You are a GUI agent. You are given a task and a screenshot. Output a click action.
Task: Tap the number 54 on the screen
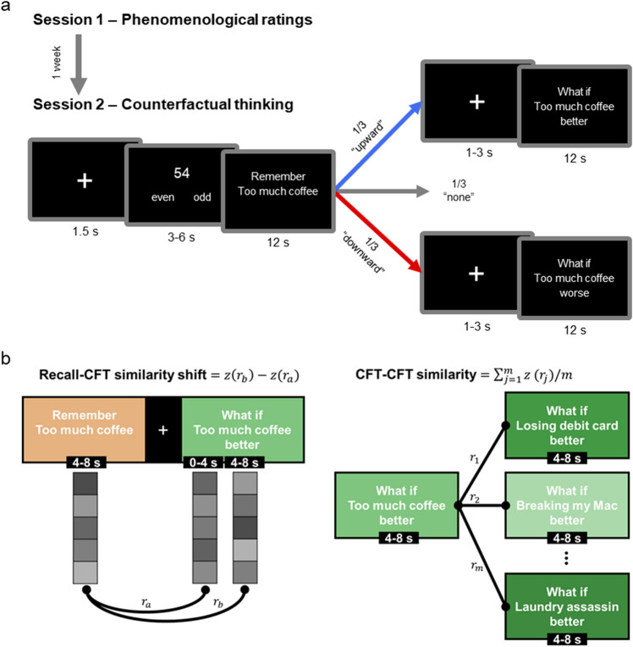coord(181,173)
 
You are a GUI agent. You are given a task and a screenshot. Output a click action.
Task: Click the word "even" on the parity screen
coord(162,196)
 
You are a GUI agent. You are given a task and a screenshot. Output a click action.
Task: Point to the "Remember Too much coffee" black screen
coord(278,193)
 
